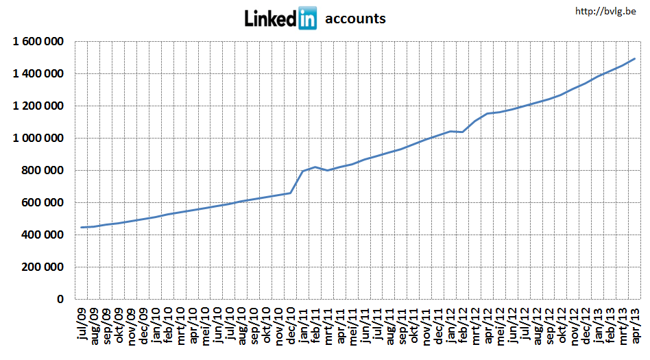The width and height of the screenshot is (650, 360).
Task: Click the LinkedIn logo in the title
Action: coord(280,19)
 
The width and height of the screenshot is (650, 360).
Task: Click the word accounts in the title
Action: coord(355,19)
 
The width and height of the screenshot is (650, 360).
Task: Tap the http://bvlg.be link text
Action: coord(607,10)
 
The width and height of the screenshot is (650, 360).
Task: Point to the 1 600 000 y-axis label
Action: coord(38,42)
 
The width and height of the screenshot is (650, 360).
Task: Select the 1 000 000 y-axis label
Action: coord(38,139)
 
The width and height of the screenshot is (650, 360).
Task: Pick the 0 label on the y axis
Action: coord(60,300)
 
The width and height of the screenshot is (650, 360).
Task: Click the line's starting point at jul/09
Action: coord(82,228)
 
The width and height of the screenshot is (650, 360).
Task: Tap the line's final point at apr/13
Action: coord(635,59)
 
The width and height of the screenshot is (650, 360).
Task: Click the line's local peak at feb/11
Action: coord(315,167)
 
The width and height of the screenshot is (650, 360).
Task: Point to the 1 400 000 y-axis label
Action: coord(38,74)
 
